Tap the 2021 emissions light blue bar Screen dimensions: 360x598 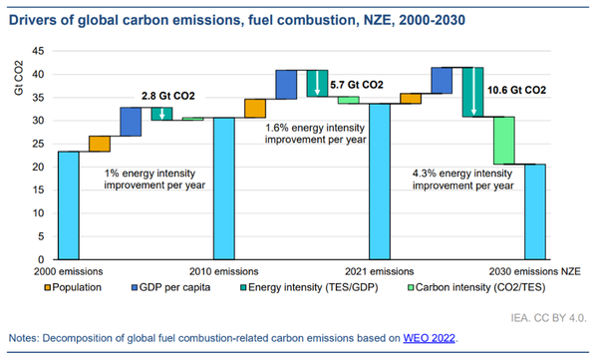coord(381,180)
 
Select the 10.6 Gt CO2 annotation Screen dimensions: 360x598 coord(517,89)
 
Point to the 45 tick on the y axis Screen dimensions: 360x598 coord(38,51)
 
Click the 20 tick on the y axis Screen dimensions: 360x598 coord(38,167)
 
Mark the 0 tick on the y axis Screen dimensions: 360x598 coord(41,259)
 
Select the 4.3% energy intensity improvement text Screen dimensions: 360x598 coord(463,179)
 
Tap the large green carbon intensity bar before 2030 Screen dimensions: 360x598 coord(504,140)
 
